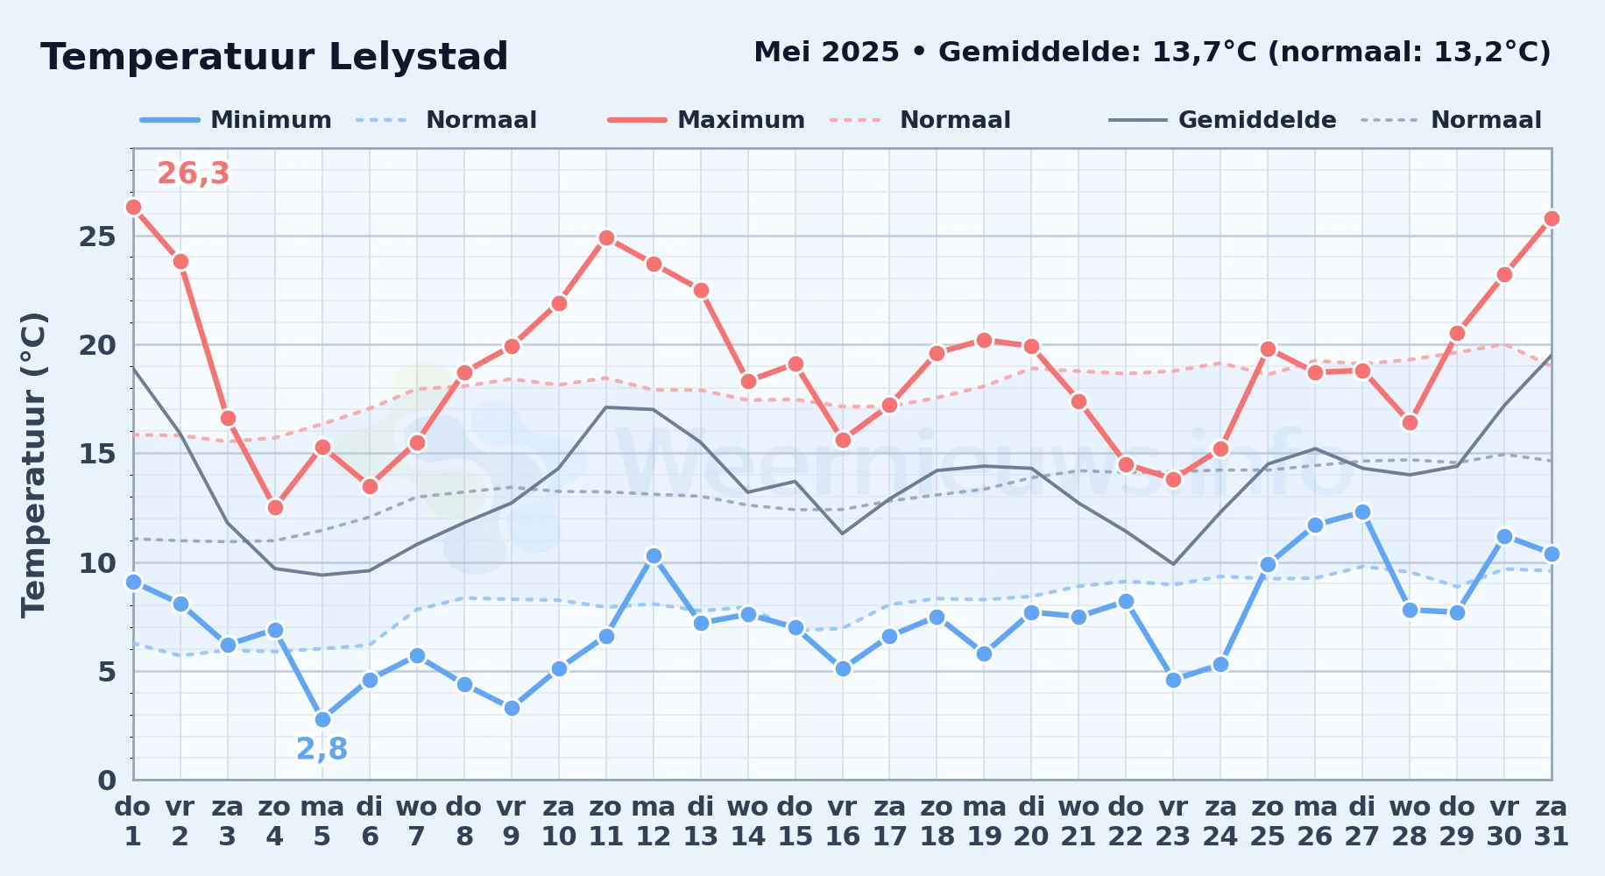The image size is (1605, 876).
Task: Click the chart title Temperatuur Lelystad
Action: [x=274, y=57]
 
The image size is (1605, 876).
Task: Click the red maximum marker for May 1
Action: [x=133, y=208]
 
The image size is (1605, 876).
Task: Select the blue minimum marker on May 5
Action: [x=322, y=719]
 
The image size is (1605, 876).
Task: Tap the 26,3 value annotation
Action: [x=193, y=173]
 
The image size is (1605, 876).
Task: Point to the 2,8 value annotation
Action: [x=322, y=749]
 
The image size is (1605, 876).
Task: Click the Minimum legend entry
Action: [x=237, y=120]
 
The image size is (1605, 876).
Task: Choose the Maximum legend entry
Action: [x=707, y=120]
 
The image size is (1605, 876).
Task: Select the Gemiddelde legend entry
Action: [x=1223, y=120]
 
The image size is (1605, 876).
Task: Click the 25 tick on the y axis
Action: [x=97, y=237]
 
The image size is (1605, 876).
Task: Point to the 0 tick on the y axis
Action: [x=107, y=780]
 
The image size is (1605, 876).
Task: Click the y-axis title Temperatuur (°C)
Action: [x=33, y=465]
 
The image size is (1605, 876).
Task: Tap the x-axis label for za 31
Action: [x=1552, y=821]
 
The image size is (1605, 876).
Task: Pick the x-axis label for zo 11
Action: [x=605, y=821]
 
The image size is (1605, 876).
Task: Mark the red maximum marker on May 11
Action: [x=606, y=237]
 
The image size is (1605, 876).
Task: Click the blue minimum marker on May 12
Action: [x=654, y=555]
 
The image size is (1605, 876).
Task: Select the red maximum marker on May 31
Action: [x=1552, y=218]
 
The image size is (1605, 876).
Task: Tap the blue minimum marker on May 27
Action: [x=1362, y=512]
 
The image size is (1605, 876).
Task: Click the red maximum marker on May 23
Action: [x=1173, y=479]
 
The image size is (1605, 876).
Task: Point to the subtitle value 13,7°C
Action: [x=1205, y=52]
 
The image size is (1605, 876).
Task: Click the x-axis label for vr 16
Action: [x=842, y=821]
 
